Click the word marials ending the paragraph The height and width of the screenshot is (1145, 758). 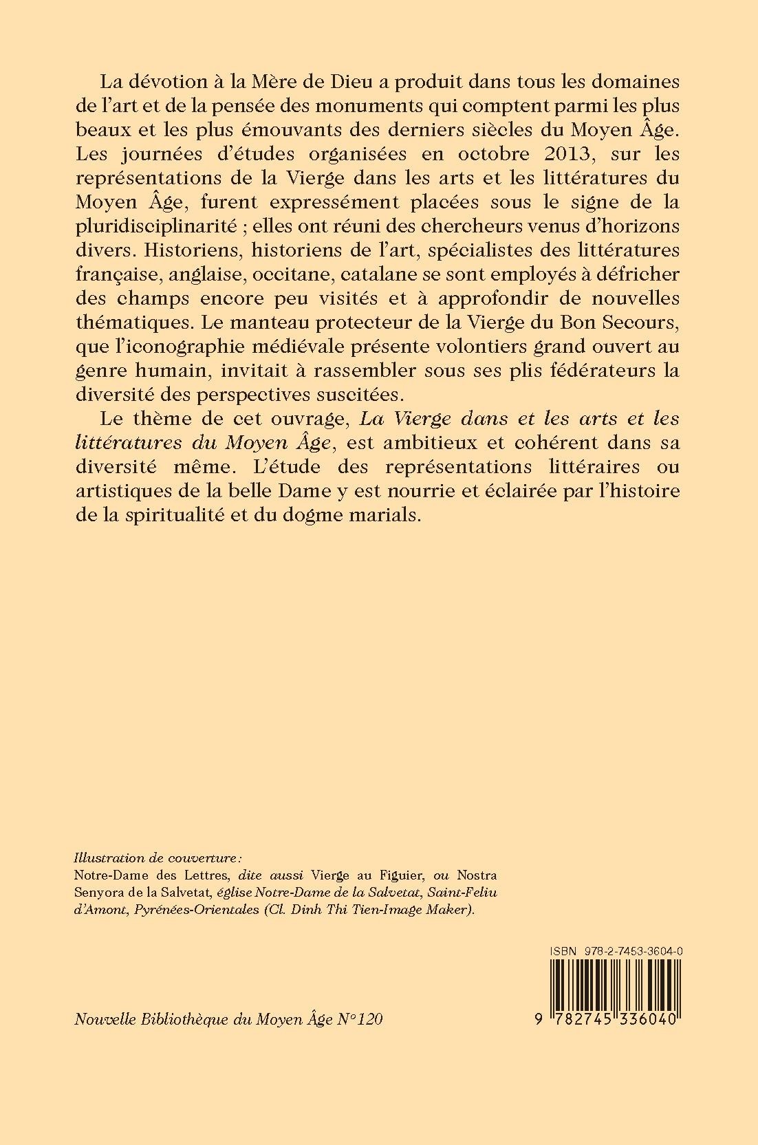381,514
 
